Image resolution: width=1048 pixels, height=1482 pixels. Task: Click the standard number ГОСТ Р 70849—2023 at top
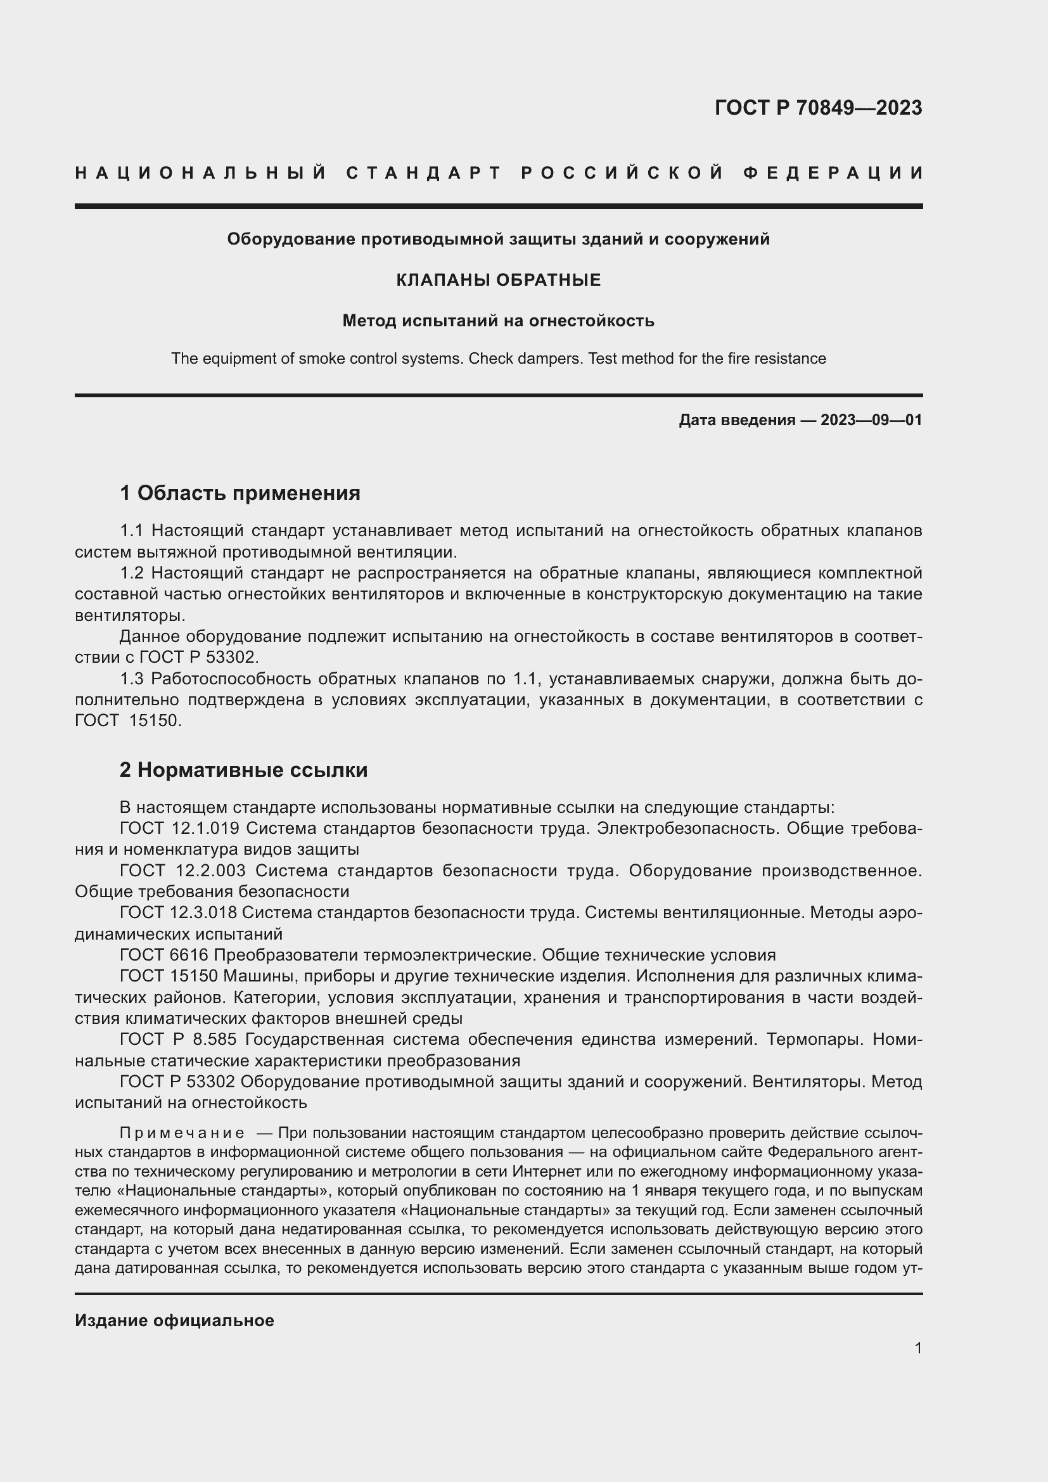(x=818, y=108)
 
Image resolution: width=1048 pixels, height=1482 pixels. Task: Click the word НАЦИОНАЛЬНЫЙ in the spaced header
(x=201, y=173)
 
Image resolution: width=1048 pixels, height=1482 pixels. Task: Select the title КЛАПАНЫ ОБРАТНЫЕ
(x=498, y=280)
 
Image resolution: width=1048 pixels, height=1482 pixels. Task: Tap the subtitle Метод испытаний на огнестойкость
(x=498, y=321)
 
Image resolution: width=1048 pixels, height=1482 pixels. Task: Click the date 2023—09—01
(x=871, y=420)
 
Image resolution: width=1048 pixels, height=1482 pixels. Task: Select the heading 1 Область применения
(x=240, y=494)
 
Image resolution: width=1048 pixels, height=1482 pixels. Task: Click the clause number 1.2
(x=132, y=573)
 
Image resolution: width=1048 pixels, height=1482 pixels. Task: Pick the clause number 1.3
(x=132, y=679)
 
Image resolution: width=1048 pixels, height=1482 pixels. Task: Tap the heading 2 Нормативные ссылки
(x=244, y=770)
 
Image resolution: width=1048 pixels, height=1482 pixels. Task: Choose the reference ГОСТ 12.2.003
(x=182, y=871)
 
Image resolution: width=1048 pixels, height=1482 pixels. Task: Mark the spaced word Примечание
(x=182, y=1134)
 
